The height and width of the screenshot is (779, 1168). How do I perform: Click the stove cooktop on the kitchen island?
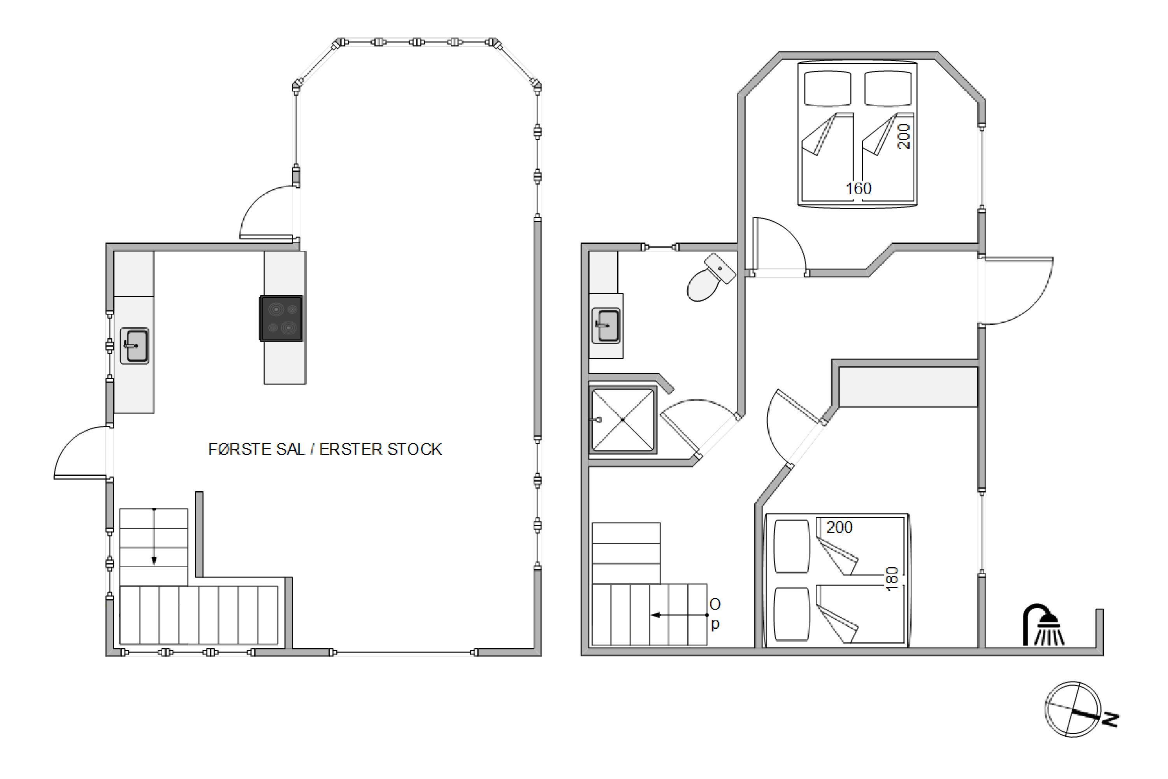[x=281, y=318]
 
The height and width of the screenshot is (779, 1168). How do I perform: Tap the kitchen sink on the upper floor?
[x=134, y=346]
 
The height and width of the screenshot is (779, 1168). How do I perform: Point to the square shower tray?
[x=623, y=420]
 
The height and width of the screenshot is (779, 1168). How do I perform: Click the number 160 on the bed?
[x=859, y=189]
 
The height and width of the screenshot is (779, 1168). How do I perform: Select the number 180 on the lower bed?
[x=892, y=579]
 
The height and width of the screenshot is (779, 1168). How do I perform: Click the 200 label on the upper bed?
[x=904, y=136]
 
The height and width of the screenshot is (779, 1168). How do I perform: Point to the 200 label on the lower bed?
[x=839, y=527]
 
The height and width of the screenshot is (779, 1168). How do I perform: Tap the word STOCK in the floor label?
[x=414, y=449]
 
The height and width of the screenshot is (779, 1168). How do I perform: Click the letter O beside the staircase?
[x=715, y=604]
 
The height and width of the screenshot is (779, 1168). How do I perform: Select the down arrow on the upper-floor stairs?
[x=154, y=536]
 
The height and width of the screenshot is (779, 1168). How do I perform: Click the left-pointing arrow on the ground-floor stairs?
[x=680, y=615]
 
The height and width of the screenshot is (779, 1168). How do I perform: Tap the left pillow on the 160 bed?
[x=828, y=88]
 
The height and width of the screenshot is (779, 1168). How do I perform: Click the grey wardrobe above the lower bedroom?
[x=908, y=387]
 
